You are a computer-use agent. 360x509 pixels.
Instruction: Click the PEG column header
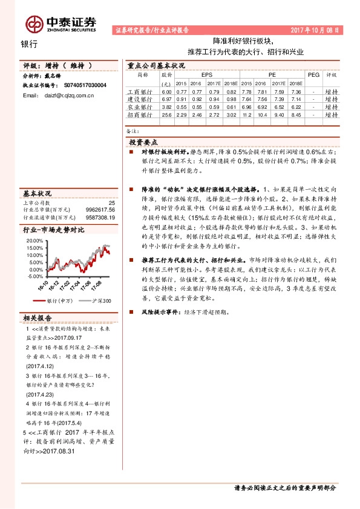(313, 75)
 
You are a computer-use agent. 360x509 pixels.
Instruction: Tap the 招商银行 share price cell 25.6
(167, 114)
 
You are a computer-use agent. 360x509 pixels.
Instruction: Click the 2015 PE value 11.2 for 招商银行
(246, 114)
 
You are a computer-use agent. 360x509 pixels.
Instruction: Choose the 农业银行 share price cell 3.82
(167, 106)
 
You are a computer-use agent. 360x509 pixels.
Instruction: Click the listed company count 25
(111, 203)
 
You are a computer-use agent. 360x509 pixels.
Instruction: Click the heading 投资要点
(143, 141)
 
